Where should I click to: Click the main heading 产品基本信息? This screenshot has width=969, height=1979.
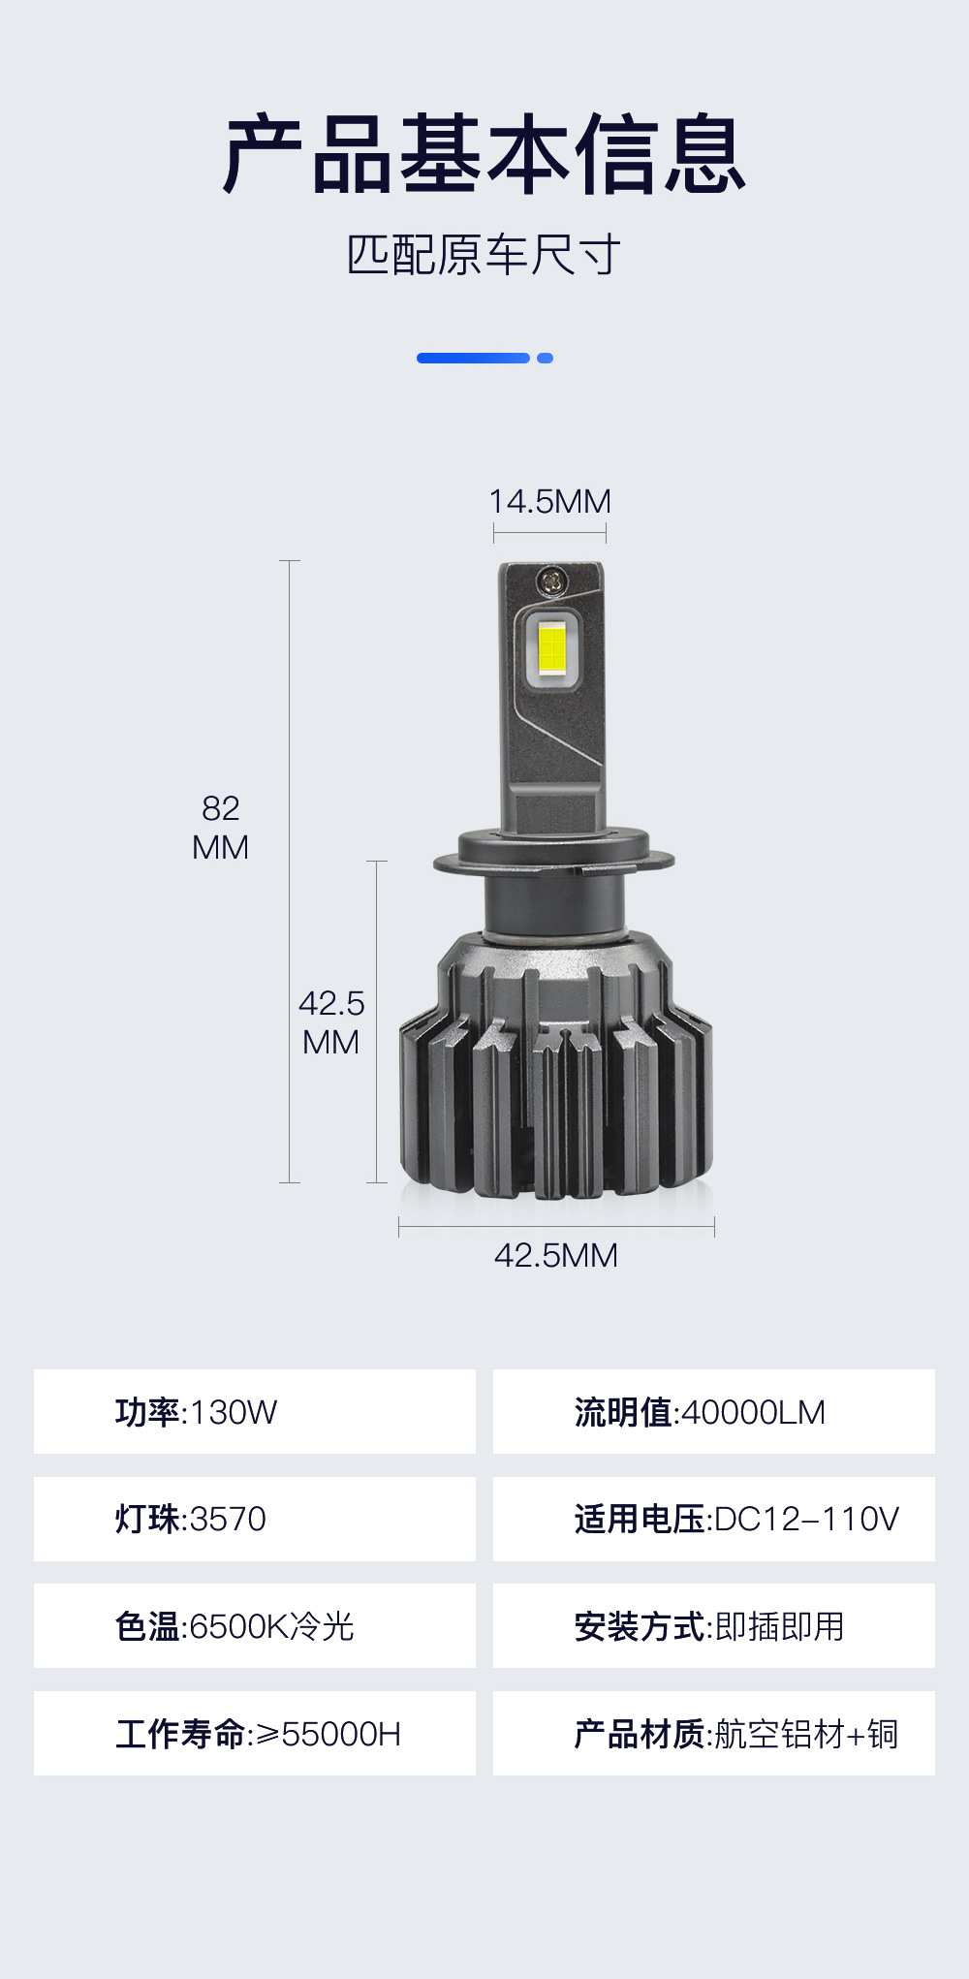tap(484, 153)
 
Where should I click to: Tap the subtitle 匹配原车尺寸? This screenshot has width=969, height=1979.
tap(484, 255)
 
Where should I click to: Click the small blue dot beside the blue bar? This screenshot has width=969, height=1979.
tap(545, 358)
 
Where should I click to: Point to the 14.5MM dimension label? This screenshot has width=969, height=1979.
tap(549, 501)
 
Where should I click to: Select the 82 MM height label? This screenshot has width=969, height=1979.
tap(221, 827)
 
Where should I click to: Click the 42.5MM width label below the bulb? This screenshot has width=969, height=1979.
tap(556, 1255)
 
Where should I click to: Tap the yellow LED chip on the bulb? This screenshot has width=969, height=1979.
tap(552, 646)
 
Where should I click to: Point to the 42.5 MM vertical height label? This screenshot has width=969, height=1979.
tap(331, 1022)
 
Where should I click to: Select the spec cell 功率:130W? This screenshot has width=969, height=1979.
tap(255, 1411)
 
